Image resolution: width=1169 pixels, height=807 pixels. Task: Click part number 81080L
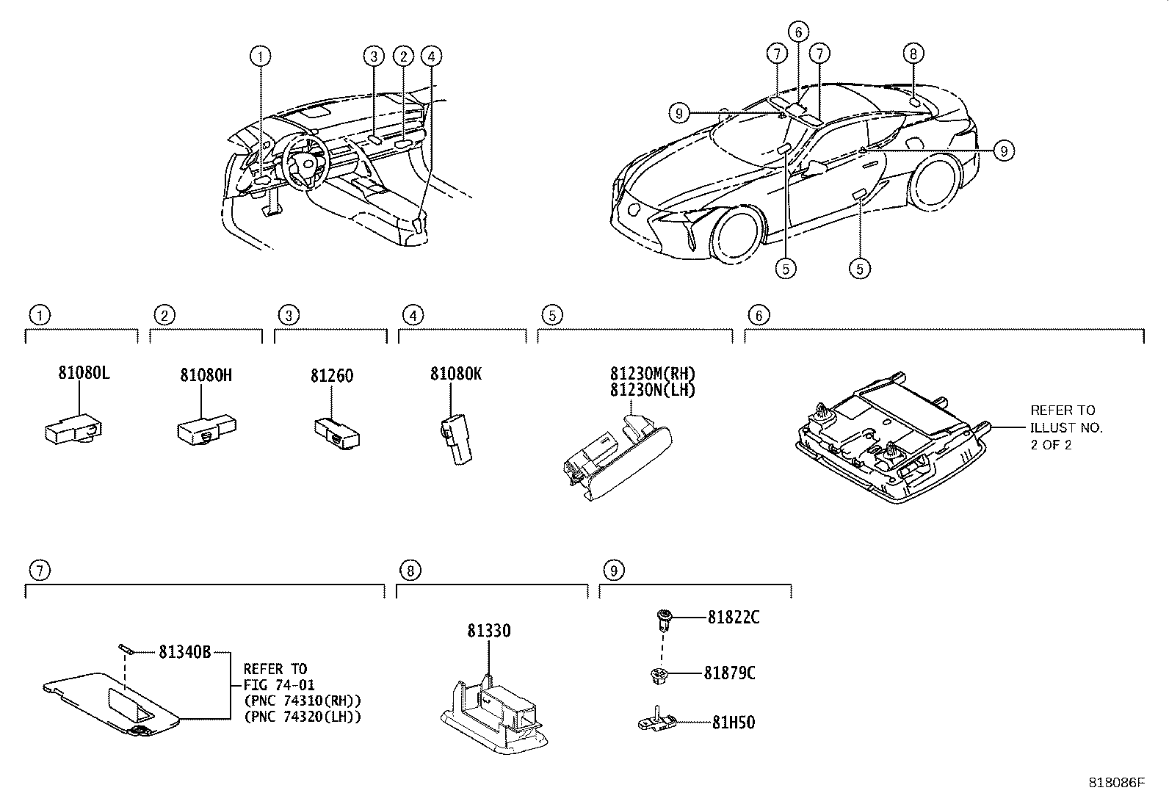[84, 373]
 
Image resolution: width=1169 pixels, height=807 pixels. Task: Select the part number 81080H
[206, 375]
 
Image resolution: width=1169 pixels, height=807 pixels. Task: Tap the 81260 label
[331, 376]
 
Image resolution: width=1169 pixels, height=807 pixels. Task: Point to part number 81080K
[455, 374]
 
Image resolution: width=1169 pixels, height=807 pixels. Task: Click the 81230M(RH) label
[652, 374]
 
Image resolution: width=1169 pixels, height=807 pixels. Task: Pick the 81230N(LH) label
[652, 390]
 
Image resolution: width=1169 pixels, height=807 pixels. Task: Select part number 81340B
[185, 651]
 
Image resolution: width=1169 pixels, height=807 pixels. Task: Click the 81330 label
[488, 631]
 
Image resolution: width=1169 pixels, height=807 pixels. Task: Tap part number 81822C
[733, 618]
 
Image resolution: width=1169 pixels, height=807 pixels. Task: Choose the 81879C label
[728, 673]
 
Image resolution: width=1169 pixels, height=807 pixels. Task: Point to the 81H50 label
[733, 723]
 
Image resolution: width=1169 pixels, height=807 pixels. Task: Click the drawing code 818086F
[1116, 783]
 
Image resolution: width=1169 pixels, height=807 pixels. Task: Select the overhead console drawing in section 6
[892, 441]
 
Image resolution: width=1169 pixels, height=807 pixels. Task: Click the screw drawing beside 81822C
[662, 619]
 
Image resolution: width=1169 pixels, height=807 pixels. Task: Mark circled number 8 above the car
[912, 53]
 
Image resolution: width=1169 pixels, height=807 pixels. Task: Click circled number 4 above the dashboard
[432, 56]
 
